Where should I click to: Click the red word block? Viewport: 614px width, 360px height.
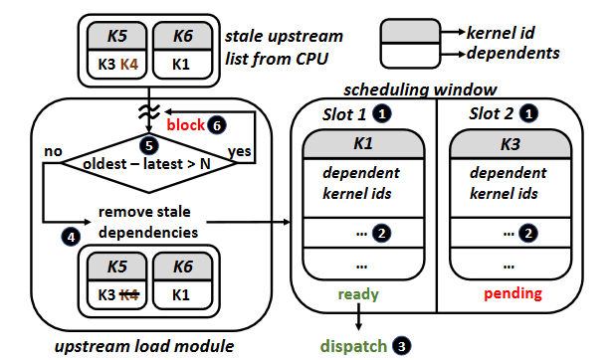pyautogui.click(x=184, y=124)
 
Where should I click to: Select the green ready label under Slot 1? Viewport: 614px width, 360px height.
pyautogui.click(x=357, y=294)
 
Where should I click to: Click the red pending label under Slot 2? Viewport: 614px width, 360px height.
pyautogui.click(x=512, y=294)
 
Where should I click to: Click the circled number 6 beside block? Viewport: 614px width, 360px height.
pyautogui.click(x=217, y=124)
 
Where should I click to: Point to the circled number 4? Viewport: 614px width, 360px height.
pyautogui.click(x=70, y=236)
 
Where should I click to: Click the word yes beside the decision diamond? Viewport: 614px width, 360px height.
pyautogui.click(x=240, y=151)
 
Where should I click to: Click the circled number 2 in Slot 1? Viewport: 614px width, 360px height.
pyautogui.click(x=380, y=236)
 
